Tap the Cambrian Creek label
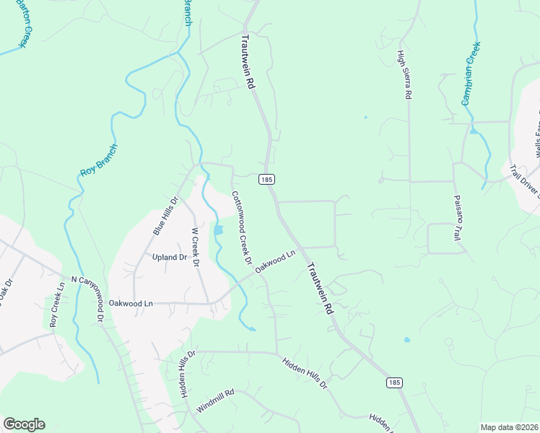click(x=471, y=74)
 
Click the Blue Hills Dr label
click(x=165, y=216)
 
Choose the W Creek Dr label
click(x=194, y=248)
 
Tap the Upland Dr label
click(x=170, y=257)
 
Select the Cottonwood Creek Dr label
click(x=241, y=227)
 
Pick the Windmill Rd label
click(x=216, y=401)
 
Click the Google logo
click(x=24, y=424)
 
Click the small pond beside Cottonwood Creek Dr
click(x=218, y=230)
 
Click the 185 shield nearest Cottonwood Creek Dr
click(x=267, y=179)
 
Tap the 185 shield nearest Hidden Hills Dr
click(x=393, y=382)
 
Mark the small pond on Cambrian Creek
click(x=474, y=131)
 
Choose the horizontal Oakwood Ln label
click(x=131, y=304)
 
